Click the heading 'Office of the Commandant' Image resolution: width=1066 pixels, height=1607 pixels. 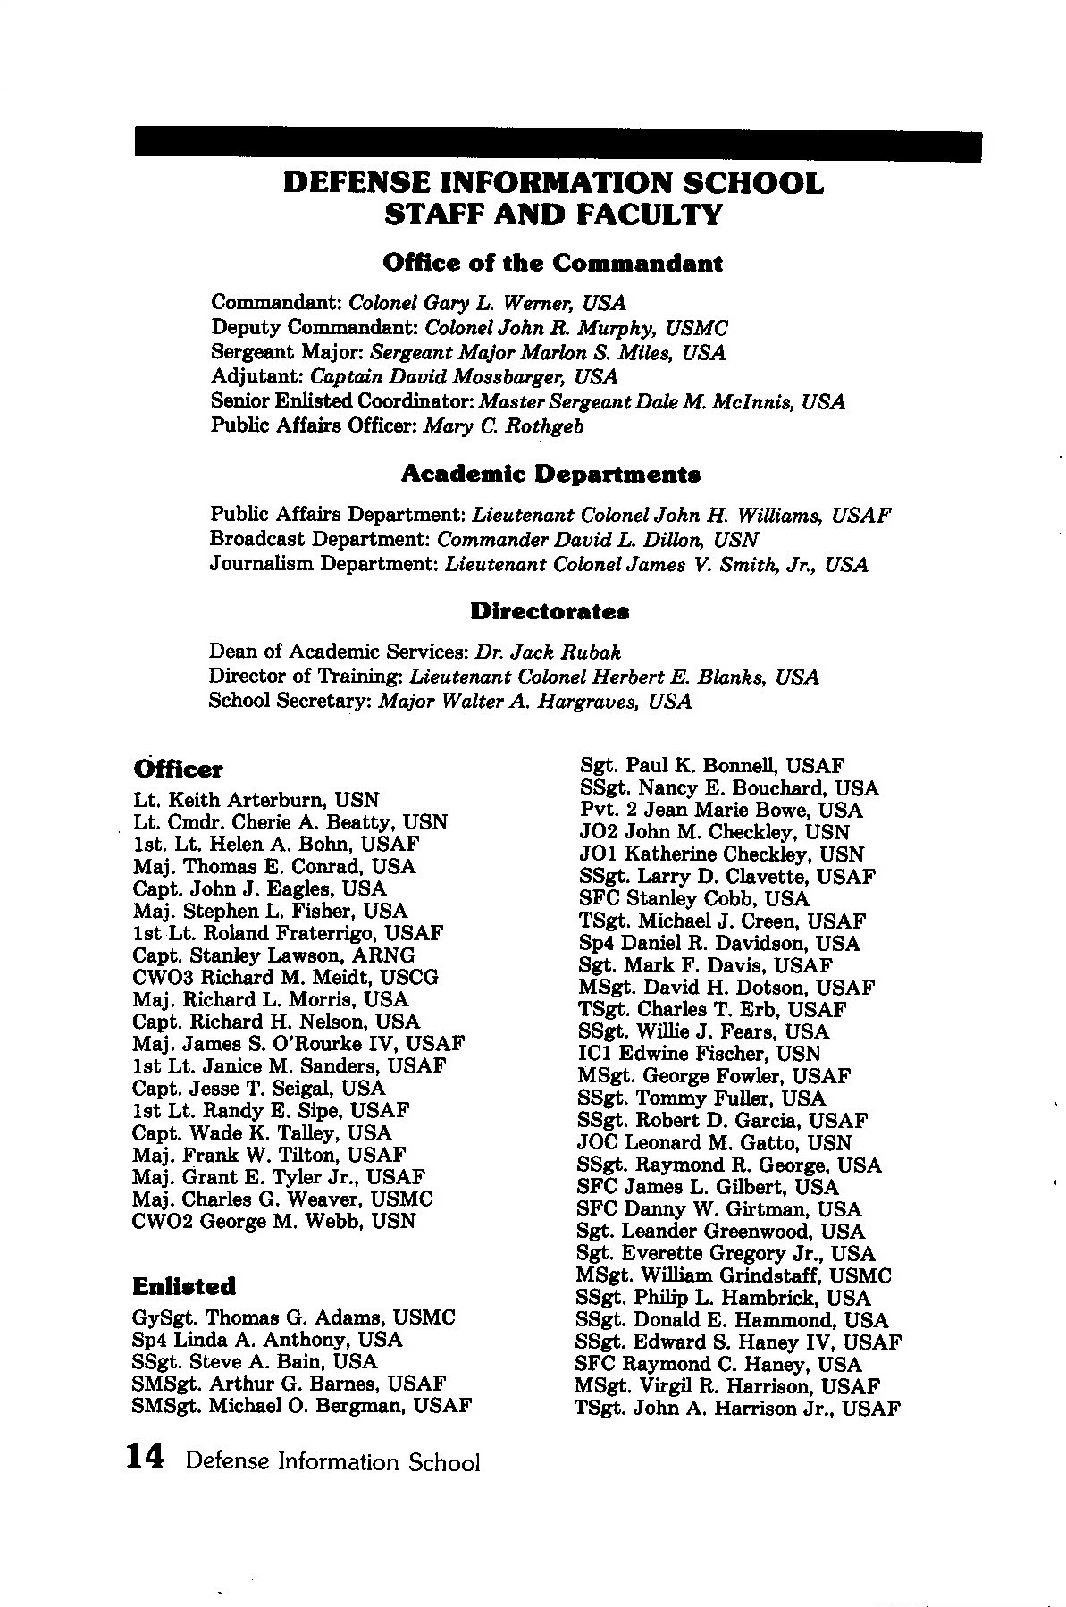point(551,264)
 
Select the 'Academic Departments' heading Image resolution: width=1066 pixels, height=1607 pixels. point(550,474)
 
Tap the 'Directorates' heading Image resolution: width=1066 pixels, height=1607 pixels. point(550,612)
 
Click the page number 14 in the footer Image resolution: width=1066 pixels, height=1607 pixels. point(146,1458)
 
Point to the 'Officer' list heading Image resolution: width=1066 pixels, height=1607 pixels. point(178,770)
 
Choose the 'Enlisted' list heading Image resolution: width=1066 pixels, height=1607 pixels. point(184,1286)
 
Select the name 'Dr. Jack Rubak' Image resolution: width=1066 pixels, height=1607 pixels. point(549,652)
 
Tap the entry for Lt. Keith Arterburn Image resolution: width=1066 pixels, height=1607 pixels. point(256,800)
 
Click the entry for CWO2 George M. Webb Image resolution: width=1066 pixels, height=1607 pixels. point(273,1221)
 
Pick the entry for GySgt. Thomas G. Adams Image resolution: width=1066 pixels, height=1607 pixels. point(293,1317)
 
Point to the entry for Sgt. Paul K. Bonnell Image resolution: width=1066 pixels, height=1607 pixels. point(712,766)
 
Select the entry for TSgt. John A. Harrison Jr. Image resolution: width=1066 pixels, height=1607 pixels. point(737,1409)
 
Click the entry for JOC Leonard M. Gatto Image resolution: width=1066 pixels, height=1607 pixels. point(714,1142)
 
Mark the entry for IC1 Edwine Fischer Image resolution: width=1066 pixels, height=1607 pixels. point(699,1054)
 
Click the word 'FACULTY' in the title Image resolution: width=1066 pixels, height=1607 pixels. point(650,215)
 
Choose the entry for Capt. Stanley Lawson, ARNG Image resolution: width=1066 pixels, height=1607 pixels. point(273,955)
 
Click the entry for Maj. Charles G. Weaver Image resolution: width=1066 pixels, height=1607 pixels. point(282,1199)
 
